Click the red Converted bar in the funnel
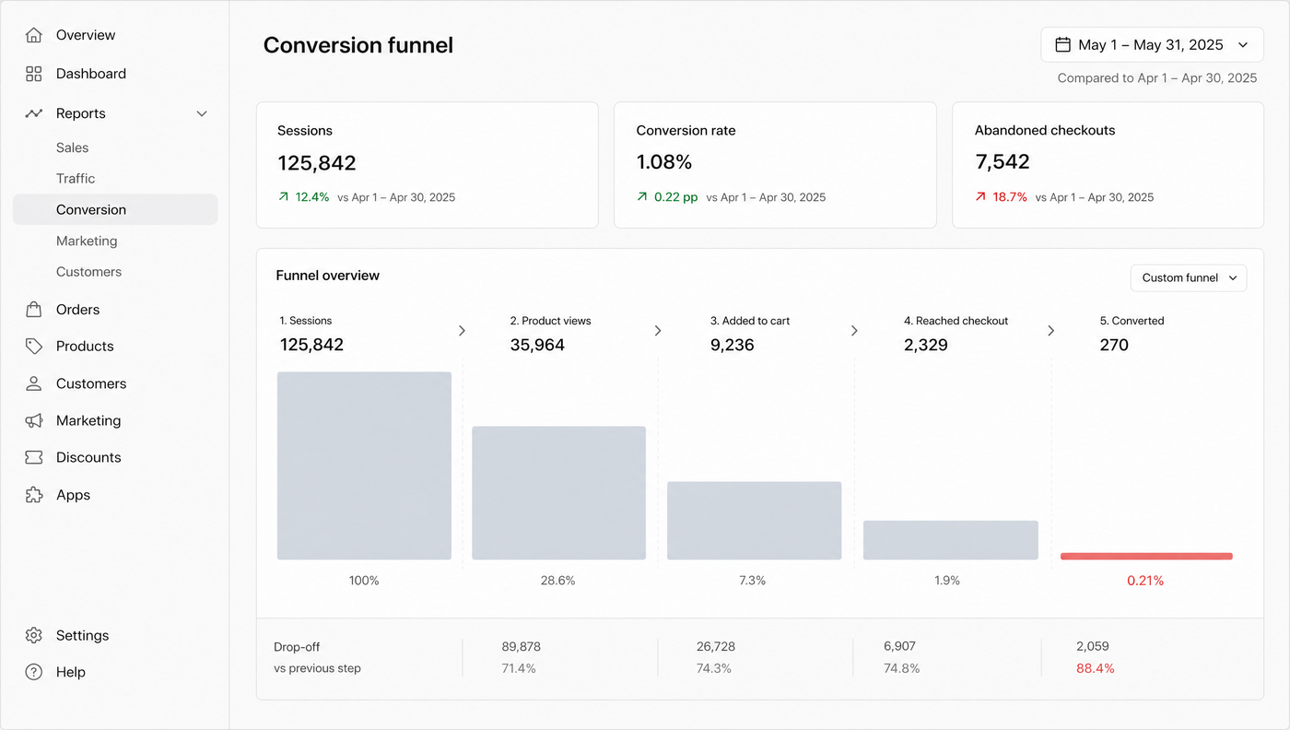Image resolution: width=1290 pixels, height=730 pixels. (1146, 556)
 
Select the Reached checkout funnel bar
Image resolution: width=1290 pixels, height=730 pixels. (950, 540)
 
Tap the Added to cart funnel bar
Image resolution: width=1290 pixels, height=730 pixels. (754, 520)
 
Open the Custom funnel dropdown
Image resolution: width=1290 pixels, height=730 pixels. (1189, 277)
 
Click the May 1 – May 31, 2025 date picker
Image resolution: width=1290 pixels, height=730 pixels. (1152, 45)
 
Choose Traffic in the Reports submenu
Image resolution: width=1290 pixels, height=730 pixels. (76, 179)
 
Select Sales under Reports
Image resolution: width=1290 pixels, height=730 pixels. (72, 147)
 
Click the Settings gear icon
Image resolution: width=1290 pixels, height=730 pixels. (34, 635)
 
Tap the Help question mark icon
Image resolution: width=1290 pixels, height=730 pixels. (34, 672)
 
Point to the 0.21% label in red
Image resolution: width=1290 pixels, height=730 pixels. (1144, 581)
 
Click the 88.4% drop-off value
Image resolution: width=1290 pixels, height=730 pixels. (1095, 668)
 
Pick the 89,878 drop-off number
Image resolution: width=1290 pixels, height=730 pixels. (521, 646)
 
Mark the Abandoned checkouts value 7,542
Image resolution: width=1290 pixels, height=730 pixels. (1003, 162)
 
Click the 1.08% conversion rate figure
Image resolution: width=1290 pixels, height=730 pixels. (664, 162)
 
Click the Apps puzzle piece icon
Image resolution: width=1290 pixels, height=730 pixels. (34, 495)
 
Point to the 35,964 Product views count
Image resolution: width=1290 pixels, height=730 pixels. (536, 345)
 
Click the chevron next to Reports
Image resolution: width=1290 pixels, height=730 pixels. (202, 113)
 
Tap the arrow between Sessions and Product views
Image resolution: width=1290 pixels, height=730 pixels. (462, 331)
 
